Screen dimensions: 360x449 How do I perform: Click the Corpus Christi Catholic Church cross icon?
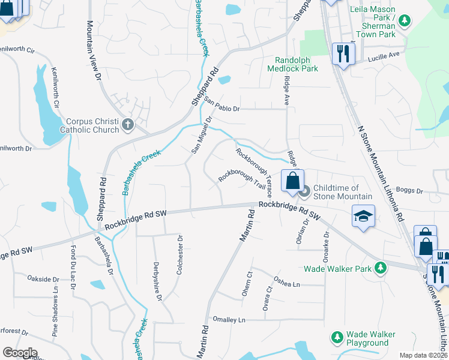click(x=127, y=125)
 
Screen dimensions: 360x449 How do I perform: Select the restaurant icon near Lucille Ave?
click(x=343, y=54)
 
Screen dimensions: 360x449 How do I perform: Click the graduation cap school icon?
click(x=363, y=216)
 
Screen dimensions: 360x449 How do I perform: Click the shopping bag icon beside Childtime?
click(x=292, y=181)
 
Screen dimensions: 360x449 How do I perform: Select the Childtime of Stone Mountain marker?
click(x=304, y=192)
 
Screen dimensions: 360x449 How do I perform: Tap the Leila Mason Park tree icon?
click(x=405, y=22)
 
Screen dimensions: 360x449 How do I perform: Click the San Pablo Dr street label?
click(x=222, y=104)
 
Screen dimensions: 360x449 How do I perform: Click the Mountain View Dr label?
click(x=92, y=51)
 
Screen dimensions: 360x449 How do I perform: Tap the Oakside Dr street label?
click(x=43, y=279)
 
